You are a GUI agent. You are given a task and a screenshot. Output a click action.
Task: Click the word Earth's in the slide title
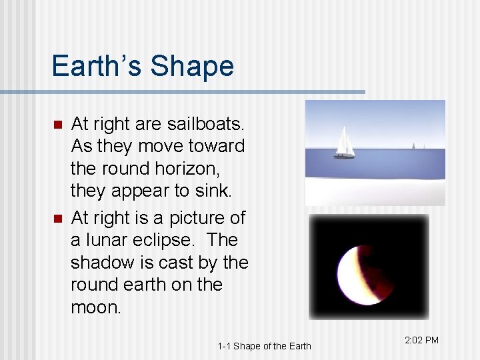click(x=97, y=66)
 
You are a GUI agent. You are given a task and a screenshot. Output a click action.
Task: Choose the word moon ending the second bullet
click(x=97, y=307)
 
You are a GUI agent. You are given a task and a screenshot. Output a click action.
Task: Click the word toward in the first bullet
click(x=215, y=146)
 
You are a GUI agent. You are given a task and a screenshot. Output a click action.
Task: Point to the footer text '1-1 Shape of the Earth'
click(x=264, y=345)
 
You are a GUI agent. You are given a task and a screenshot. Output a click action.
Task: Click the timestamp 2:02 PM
click(x=421, y=340)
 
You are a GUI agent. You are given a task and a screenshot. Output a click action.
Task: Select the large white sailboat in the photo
click(x=344, y=141)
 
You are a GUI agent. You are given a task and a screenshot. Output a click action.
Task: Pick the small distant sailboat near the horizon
click(x=413, y=146)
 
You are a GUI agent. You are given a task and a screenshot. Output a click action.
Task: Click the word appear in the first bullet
click(x=137, y=191)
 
